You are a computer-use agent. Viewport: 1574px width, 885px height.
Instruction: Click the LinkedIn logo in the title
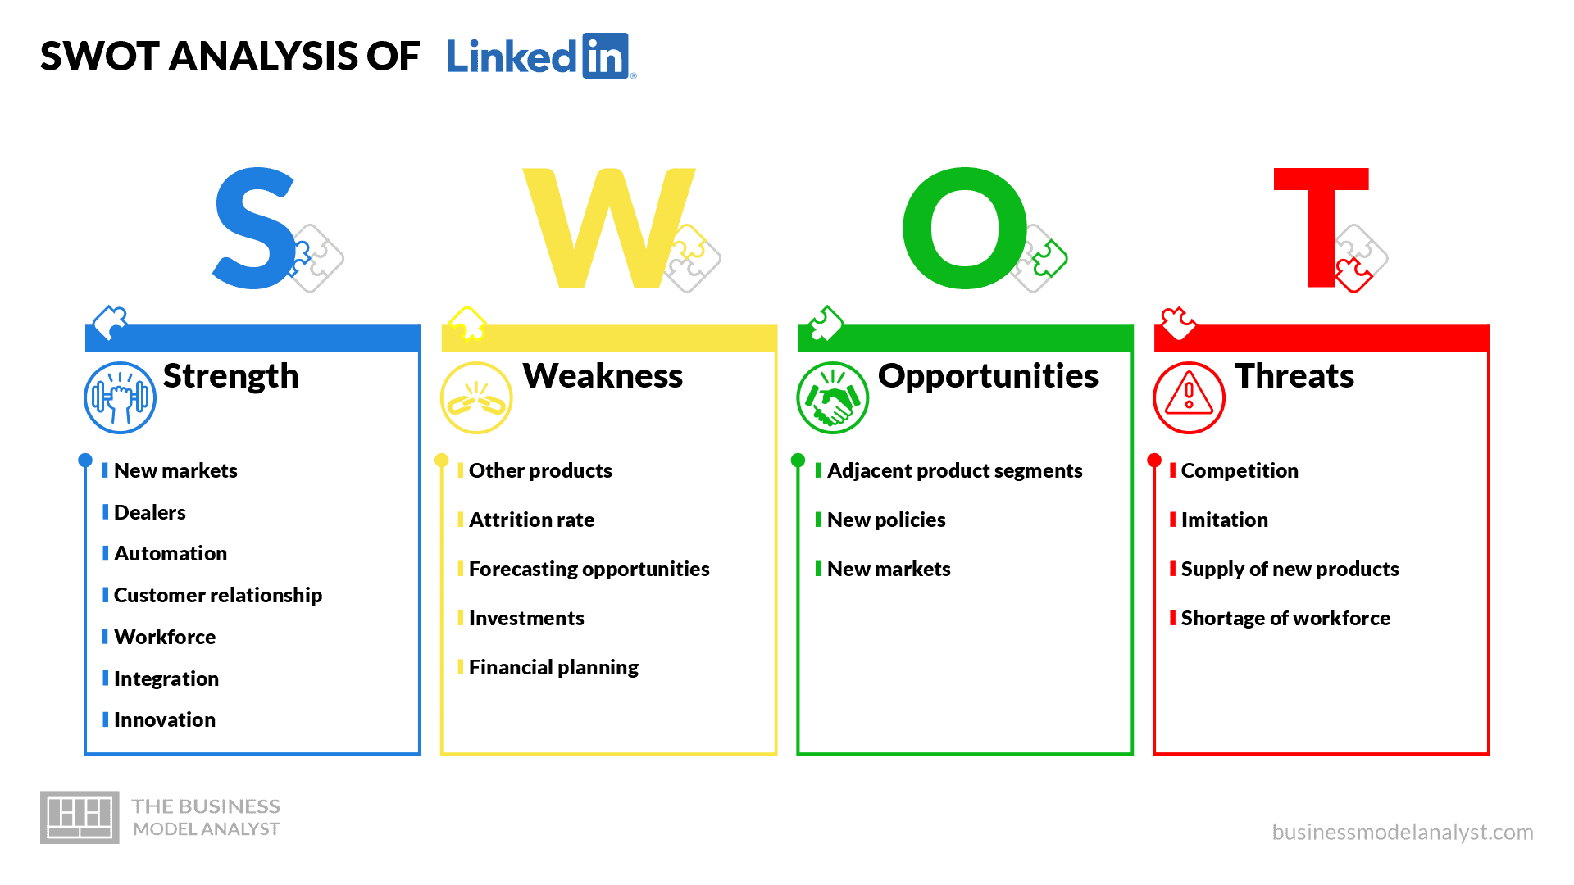point(541,56)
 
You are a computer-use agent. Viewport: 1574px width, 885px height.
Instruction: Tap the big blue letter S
point(254,228)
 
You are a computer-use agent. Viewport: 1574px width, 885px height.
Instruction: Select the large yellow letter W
point(608,228)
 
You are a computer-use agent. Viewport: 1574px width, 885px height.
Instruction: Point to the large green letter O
point(965,228)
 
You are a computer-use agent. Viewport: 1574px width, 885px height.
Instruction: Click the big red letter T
point(1321,228)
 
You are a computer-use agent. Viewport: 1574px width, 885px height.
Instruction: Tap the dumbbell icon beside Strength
point(120,397)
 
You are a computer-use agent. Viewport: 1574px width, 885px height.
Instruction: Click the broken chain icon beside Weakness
point(476,397)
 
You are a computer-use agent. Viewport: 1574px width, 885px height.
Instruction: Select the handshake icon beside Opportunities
point(832,397)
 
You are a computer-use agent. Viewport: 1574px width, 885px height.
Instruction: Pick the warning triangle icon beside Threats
point(1189,397)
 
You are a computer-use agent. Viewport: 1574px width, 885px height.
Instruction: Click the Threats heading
point(1294,376)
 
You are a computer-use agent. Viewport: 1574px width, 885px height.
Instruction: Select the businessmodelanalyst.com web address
point(1403,833)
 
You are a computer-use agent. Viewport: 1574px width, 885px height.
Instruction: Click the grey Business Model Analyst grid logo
point(80,817)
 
